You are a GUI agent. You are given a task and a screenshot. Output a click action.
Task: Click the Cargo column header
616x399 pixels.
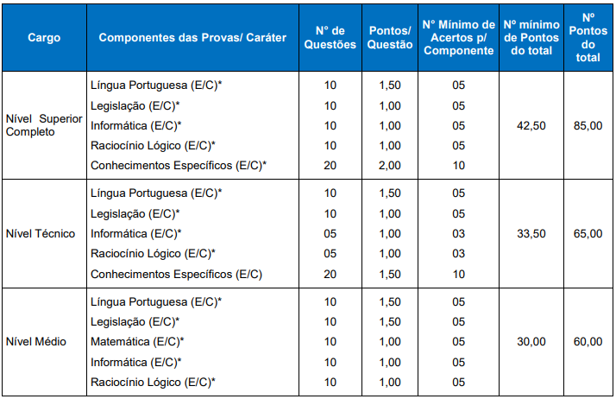point(43,39)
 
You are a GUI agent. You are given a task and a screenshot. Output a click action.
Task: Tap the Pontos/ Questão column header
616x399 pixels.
point(391,39)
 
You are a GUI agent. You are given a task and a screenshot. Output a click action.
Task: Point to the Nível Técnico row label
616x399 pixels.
point(41,233)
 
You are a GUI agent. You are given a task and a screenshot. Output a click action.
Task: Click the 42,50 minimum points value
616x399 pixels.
point(531,126)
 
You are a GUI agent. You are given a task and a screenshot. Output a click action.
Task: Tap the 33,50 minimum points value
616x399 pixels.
point(531,233)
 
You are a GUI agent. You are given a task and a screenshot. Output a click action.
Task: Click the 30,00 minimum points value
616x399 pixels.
point(531,341)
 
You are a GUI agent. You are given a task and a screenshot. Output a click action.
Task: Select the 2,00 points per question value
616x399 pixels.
point(391,165)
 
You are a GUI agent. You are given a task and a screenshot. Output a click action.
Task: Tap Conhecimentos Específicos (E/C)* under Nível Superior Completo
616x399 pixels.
point(179,165)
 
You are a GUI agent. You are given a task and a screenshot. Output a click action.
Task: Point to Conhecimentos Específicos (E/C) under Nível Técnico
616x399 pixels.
point(176,274)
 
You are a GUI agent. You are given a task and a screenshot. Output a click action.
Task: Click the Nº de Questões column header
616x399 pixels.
point(330,39)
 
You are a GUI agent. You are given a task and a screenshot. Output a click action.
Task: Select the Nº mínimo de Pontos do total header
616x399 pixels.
point(531,39)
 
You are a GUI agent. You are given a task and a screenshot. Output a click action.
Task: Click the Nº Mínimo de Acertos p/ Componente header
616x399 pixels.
point(458,39)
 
